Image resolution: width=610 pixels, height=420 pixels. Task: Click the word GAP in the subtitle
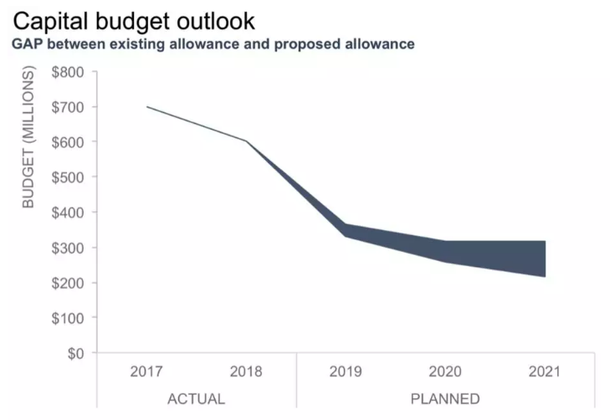pos(28,44)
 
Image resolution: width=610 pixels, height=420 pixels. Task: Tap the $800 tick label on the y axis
pos(68,72)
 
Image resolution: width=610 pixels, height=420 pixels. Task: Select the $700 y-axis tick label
pos(68,107)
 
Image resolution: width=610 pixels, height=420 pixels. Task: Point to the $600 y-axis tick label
pos(68,142)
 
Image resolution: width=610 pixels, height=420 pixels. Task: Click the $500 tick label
pos(68,177)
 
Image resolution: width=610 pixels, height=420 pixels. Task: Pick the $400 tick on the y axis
pos(68,213)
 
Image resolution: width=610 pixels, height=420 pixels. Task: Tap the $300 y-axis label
pos(68,248)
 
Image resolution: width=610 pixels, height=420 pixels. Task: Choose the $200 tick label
pos(68,283)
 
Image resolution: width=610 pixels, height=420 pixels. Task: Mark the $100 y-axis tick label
pos(68,318)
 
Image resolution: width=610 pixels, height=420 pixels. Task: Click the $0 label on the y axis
pos(74,353)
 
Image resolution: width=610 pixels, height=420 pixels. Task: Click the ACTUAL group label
pos(196,398)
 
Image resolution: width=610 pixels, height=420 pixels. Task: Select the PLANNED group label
pos(445,398)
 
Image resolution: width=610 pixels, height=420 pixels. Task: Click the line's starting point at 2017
pos(147,107)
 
